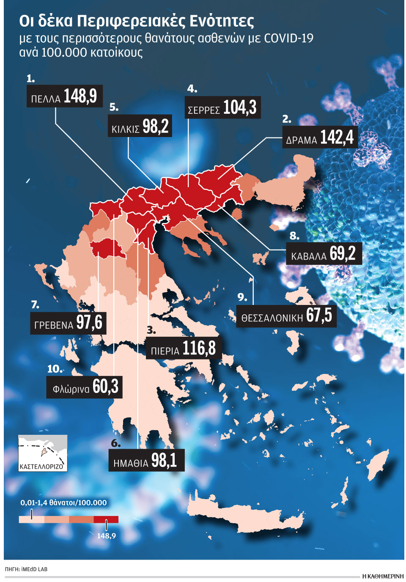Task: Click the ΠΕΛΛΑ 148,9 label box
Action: click(64, 96)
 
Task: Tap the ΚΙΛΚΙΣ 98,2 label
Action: click(140, 126)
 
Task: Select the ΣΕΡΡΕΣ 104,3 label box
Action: click(222, 107)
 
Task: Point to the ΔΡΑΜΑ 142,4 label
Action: click(320, 137)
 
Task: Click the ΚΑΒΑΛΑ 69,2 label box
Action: click(324, 254)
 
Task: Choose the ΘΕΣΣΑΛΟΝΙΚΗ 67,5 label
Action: click(286, 316)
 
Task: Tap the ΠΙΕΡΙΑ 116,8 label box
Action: click(184, 349)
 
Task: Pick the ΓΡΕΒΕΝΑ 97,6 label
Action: click(68, 323)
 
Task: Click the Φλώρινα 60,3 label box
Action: click(85, 387)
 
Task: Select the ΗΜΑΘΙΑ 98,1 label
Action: click(147, 460)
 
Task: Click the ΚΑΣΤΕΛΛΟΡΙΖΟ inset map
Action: click(43, 453)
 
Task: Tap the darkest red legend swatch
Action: click(106, 519)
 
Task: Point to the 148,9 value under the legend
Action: click(106, 535)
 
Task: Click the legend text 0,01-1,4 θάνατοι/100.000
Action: click(63, 502)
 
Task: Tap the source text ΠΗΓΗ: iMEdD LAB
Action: click(26, 569)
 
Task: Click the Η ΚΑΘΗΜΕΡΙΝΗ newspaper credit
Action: click(383, 576)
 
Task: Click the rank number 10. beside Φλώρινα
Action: click(54, 369)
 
